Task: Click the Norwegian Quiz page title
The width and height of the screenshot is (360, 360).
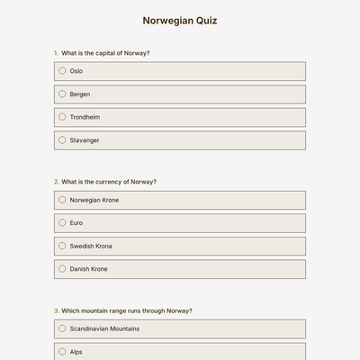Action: (x=180, y=21)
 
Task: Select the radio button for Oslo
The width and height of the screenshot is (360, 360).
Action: (x=62, y=70)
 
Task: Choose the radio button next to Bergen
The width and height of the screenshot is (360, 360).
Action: (x=62, y=94)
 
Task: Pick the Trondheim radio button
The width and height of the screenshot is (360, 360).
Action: (x=62, y=117)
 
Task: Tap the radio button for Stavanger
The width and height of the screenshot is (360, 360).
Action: (x=62, y=140)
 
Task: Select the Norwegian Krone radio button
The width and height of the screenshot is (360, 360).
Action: (x=62, y=200)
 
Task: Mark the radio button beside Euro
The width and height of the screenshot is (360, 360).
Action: (x=62, y=222)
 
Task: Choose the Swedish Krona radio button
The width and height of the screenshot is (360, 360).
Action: (x=62, y=246)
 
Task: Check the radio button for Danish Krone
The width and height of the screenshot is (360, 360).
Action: (x=62, y=269)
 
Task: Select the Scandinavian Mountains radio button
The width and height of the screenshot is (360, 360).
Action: (x=62, y=328)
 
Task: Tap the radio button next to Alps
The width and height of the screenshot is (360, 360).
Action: (x=62, y=352)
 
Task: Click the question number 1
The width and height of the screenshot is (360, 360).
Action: (x=56, y=53)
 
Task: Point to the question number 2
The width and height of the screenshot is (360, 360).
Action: (x=56, y=182)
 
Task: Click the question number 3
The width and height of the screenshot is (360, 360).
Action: (x=56, y=310)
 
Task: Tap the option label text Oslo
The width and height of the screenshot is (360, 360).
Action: (x=76, y=70)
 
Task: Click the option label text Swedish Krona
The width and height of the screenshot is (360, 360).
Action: (x=91, y=246)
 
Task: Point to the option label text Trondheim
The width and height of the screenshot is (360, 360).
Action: (x=85, y=117)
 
